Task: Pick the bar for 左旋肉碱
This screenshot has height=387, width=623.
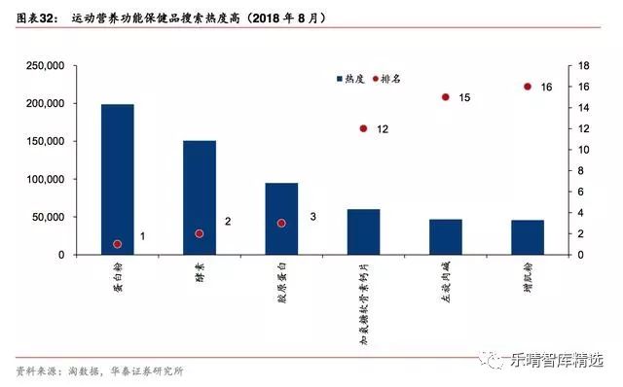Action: pos(446,237)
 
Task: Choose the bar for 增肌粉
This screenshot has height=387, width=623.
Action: pos(528,237)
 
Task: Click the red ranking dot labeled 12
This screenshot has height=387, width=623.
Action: pos(363,128)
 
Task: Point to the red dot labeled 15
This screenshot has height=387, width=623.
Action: pos(445,97)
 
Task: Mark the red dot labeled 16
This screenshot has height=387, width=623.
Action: pos(528,87)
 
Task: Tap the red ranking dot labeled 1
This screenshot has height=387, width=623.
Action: pos(118,244)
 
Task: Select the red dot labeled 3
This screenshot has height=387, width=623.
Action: pos(281,223)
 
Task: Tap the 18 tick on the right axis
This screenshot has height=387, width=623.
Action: pos(584,66)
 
